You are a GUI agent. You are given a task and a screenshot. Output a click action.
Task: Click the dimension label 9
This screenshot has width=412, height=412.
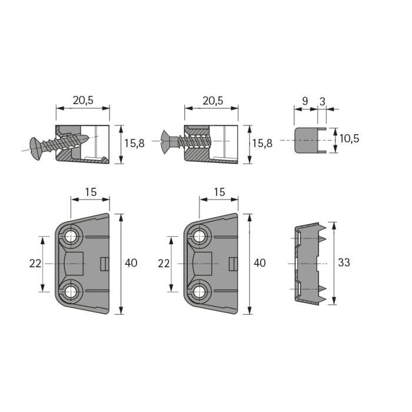(x=305, y=101)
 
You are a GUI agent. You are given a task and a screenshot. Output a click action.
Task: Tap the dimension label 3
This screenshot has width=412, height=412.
(x=323, y=101)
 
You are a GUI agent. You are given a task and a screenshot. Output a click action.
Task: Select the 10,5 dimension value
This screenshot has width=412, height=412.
(x=349, y=138)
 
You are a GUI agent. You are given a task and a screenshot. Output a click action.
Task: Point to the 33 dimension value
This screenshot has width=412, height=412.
(x=344, y=263)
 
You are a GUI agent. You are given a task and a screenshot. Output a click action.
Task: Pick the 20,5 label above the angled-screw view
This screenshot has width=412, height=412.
(x=83, y=101)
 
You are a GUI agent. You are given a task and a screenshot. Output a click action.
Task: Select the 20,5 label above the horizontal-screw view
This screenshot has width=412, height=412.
(x=212, y=101)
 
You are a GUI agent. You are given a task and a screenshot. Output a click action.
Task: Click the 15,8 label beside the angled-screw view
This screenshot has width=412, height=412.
(x=134, y=143)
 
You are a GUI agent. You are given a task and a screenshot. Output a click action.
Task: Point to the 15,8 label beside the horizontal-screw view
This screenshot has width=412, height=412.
(x=263, y=144)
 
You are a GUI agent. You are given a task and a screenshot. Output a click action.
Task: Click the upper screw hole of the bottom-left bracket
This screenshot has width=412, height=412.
(x=71, y=237)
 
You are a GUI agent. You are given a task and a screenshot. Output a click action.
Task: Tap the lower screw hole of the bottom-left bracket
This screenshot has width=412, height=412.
(x=71, y=291)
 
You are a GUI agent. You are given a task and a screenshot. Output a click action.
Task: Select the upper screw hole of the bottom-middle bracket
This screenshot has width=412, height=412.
(x=200, y=237)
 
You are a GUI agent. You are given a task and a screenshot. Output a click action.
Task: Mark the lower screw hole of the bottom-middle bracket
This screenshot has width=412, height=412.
(x=200, y=291)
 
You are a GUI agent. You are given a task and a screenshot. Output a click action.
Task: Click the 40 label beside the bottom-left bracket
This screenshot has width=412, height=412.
(x=131, y=263)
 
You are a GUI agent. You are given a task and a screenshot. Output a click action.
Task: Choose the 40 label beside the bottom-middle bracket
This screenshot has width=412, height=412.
(x=260, y=263)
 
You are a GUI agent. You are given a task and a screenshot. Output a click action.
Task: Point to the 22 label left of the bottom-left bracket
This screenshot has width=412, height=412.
(x=35, y=263)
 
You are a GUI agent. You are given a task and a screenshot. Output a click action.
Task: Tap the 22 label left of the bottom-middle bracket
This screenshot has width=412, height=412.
(x=164, y=263)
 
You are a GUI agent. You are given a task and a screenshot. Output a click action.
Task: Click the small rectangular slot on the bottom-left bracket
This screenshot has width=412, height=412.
(x=105, y=264)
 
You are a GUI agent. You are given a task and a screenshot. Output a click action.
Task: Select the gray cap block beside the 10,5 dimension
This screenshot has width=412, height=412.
(x=306, y=140)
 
